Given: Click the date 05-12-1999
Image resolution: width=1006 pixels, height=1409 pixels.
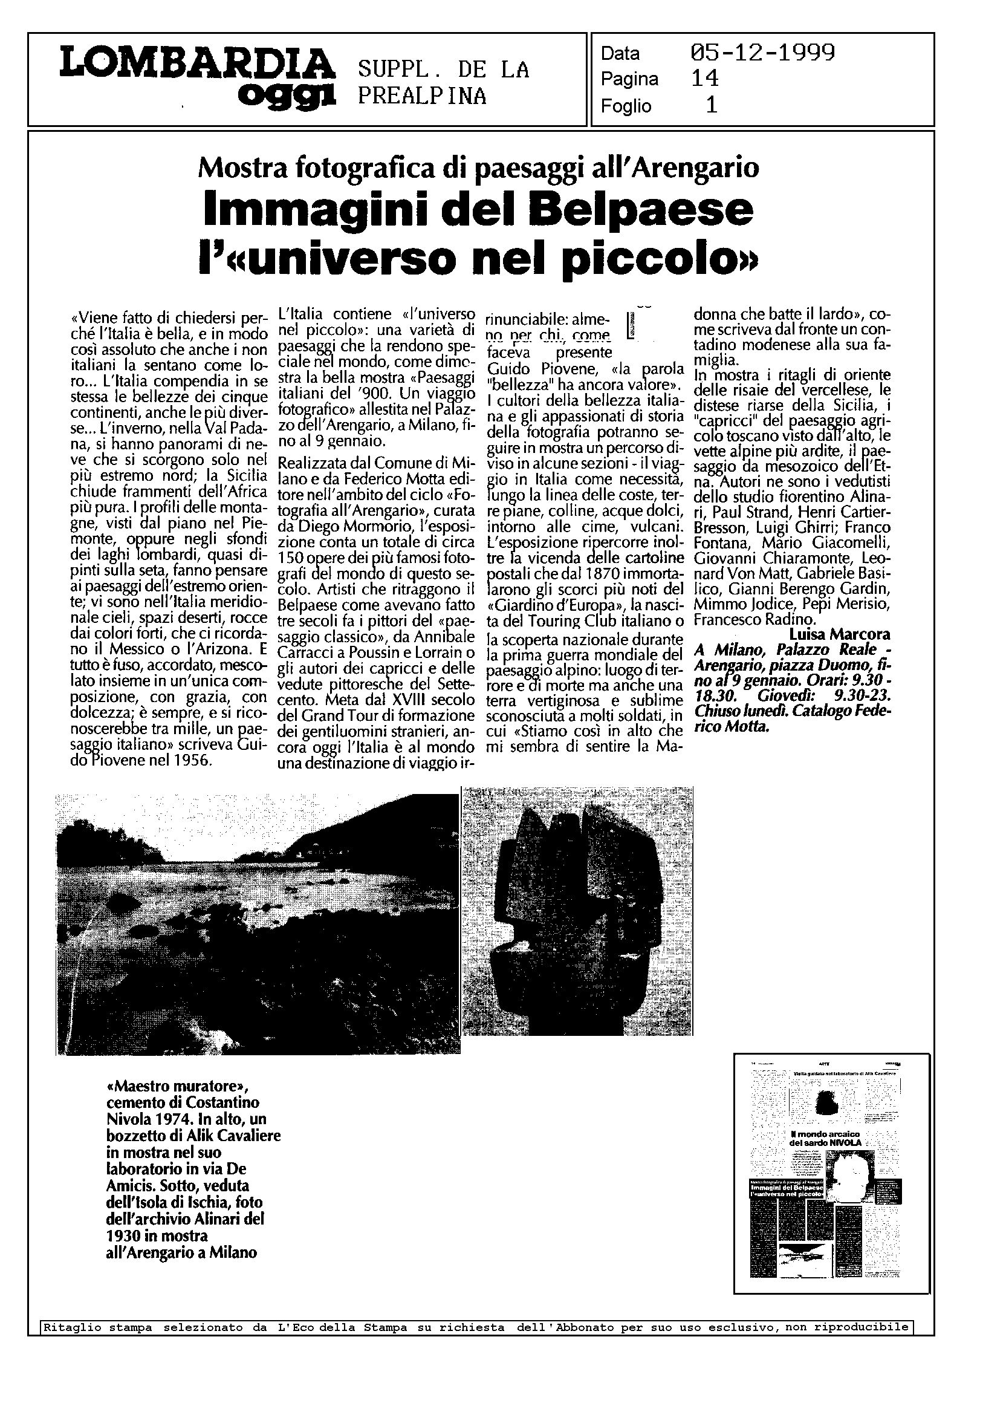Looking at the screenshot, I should [762, 53].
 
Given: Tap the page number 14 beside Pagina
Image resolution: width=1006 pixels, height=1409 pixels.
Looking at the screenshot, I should [704, 79].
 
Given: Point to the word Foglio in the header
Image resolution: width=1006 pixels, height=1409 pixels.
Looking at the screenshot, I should [626, 106].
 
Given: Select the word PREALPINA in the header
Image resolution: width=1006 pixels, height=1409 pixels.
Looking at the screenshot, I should [422, 96].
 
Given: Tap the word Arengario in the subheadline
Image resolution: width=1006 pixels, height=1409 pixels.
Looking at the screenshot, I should [698, 168].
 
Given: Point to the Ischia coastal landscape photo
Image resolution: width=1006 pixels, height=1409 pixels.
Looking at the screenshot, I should [257, 923].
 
